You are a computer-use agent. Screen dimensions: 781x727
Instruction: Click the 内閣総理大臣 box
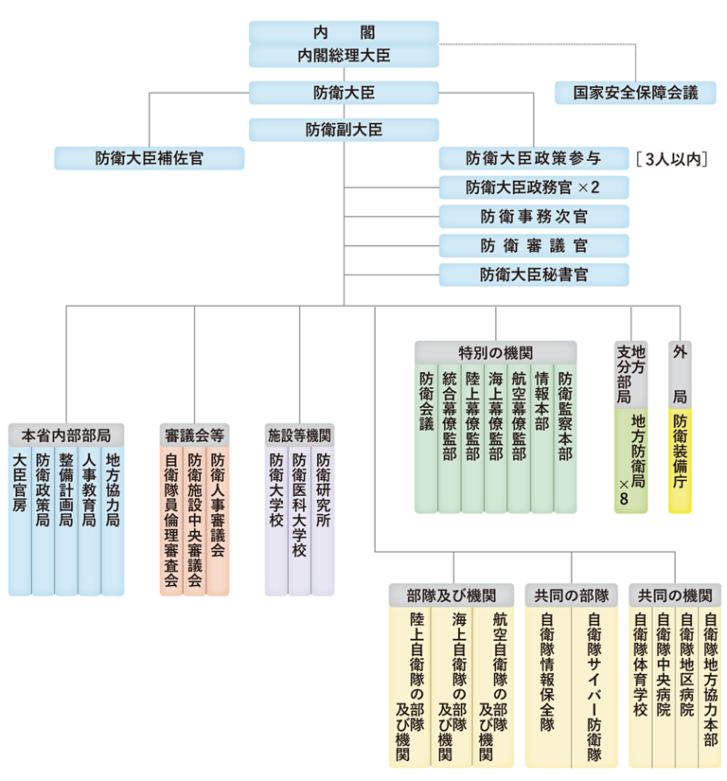coord(344,56)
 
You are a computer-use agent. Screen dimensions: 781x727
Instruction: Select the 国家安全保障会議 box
coord(634,93)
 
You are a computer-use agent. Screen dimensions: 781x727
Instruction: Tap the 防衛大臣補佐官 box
coord(149,157)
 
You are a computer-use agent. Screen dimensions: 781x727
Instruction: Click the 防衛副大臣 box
coord(344,129)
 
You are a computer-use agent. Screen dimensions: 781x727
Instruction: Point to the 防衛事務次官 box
coord(534,216)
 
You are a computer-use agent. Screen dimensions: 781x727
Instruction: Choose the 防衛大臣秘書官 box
coord(534,275)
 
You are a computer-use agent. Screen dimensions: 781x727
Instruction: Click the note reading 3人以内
coord(673,158)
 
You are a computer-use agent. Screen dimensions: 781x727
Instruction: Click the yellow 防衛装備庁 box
coord(680,460)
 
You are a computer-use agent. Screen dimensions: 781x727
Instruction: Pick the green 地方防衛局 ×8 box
coord(630,460)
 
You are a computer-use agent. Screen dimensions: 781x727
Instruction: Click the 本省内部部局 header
coord(66,435)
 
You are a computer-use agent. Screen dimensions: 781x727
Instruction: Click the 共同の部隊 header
coord(571,595)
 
